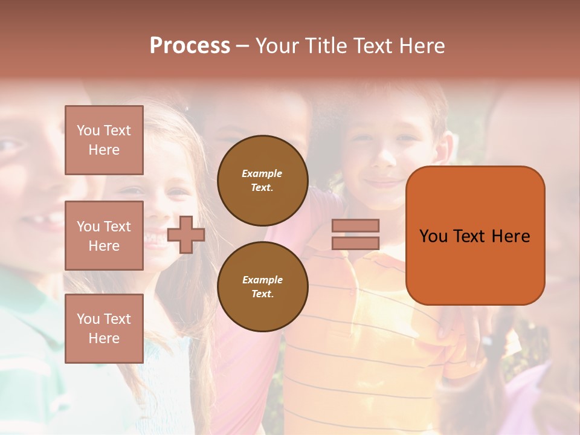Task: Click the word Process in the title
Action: point(190,46)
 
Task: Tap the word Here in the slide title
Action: point(422,46)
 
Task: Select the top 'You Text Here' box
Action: point(104,140)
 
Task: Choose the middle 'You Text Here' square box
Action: point(104,236)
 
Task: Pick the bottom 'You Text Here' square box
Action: point(104,329)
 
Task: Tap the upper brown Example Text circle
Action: point(262,181)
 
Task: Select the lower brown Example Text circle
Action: point(262,287)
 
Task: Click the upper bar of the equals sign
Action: point(355,225)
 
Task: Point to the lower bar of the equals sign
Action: point(355,243)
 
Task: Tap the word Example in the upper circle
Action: point(262,174)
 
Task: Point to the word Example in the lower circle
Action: point(262,280)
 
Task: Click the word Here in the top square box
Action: point(104,150)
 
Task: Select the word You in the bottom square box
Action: point(88,319)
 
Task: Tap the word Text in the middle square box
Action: point(117,227)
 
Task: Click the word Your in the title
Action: point(278,46)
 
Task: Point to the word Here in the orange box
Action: point(511,236)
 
